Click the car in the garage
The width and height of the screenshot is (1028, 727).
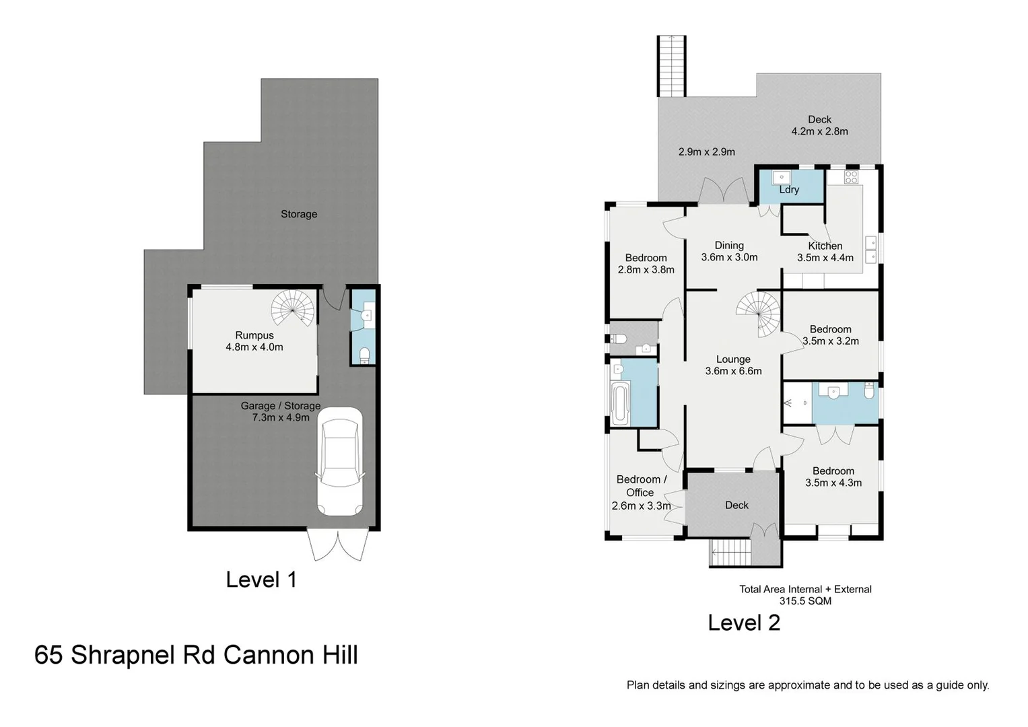click(x=339, y=462)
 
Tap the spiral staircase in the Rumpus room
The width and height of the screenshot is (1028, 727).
click(x=294, y=308)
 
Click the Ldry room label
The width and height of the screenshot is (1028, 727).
click(x=789, y=190)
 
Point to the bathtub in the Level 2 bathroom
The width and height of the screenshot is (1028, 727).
click(x=619, y=403)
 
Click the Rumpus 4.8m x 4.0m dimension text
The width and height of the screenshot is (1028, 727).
click(x=254, y=347)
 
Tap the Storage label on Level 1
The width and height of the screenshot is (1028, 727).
click(x=299, y=214)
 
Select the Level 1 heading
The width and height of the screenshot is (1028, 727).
click(x=261, y=580)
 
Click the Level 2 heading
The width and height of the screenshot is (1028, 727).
click(x=744, y=623)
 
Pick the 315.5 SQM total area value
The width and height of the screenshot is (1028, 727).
click(x=805, y=601)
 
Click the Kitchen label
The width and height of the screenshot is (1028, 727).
click(x=825, y=246)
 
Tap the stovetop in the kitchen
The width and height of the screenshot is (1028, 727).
click(x=851, y=177)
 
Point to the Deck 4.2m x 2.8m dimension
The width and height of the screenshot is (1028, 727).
click(x=819, y=131)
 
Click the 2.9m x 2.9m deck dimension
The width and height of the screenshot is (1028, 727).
click(x=706, y=152)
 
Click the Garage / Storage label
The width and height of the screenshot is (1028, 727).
click(x=281, y=406)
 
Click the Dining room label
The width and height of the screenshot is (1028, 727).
click(x=729, y=246)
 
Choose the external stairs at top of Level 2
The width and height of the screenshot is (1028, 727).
click(x=671, y=65)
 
